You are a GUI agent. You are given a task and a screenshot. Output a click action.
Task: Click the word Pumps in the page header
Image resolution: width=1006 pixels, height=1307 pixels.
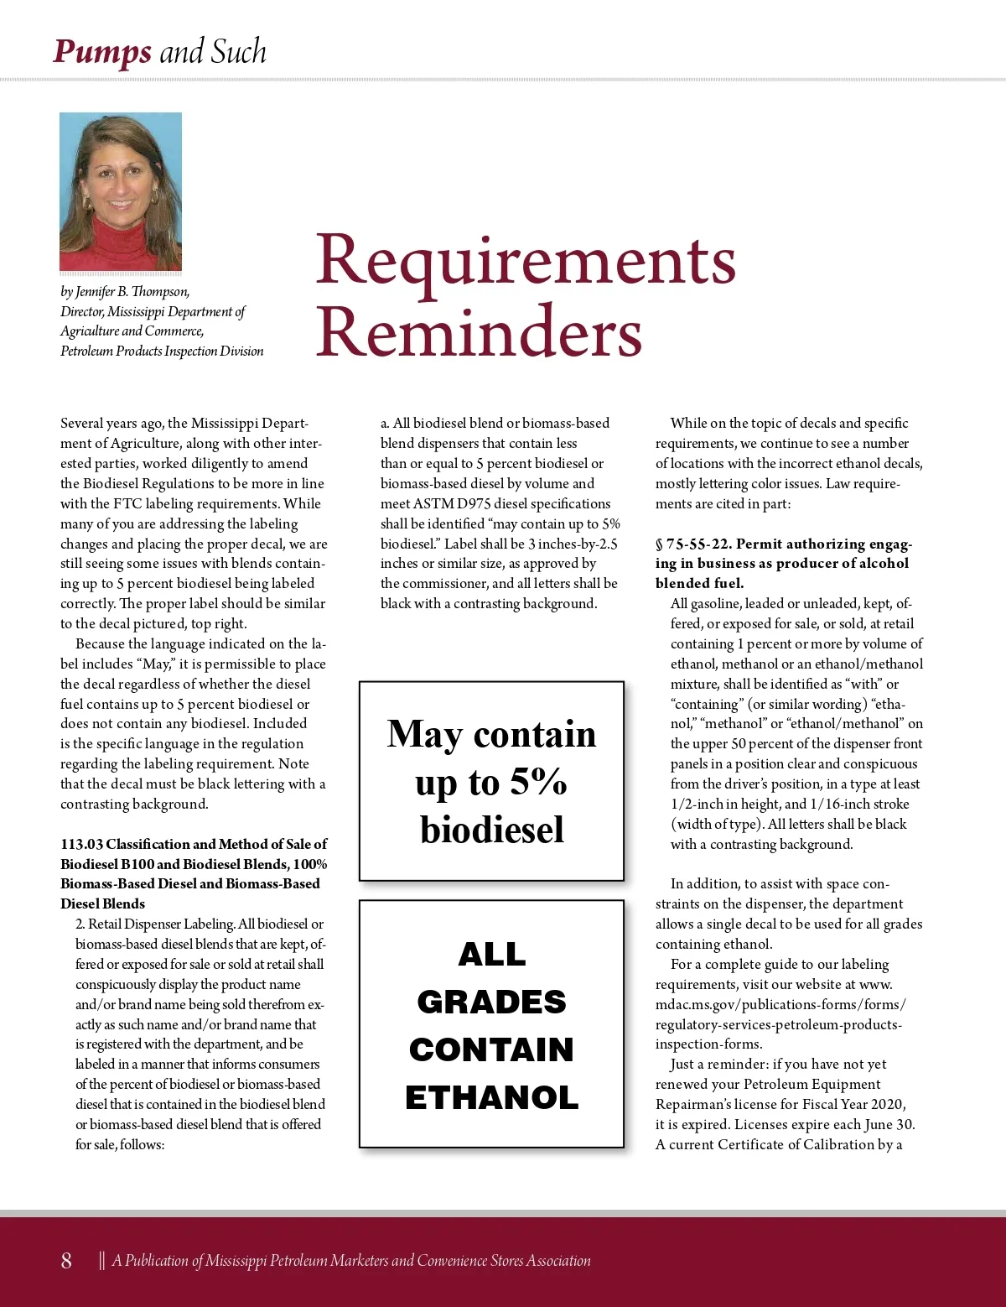point(101,52)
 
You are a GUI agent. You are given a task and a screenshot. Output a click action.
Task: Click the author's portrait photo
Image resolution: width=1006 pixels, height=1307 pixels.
point(121,191)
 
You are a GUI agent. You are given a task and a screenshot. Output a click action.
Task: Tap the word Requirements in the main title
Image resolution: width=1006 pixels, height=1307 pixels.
point(526,260)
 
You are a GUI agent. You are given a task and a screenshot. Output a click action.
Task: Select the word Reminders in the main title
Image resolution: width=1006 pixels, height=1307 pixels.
point(479,332)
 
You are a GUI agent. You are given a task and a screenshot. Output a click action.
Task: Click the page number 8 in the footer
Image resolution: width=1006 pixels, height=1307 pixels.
point(66,1260)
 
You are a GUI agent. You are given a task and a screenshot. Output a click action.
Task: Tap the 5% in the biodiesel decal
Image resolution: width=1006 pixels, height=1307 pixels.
point(538,782)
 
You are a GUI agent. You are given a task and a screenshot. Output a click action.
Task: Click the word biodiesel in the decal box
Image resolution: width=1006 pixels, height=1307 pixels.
point(492,830)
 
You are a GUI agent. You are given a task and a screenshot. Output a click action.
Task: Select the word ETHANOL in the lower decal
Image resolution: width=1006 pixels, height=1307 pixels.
point(492,1097)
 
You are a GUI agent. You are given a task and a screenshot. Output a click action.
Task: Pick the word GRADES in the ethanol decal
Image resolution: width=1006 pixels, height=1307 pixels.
point(492,1002)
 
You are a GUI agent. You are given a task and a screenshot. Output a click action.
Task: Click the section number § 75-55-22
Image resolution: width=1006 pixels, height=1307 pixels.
point(692,544)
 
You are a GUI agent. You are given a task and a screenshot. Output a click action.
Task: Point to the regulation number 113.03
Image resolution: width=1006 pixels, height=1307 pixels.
point(81,844)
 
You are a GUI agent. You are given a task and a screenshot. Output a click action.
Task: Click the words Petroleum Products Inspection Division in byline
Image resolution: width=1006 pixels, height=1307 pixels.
point(162,351)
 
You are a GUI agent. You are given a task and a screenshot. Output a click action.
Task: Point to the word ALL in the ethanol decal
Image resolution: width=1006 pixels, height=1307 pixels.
point(492,954)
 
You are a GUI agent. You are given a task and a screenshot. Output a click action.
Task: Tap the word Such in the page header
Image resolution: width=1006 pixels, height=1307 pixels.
point(238,52)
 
